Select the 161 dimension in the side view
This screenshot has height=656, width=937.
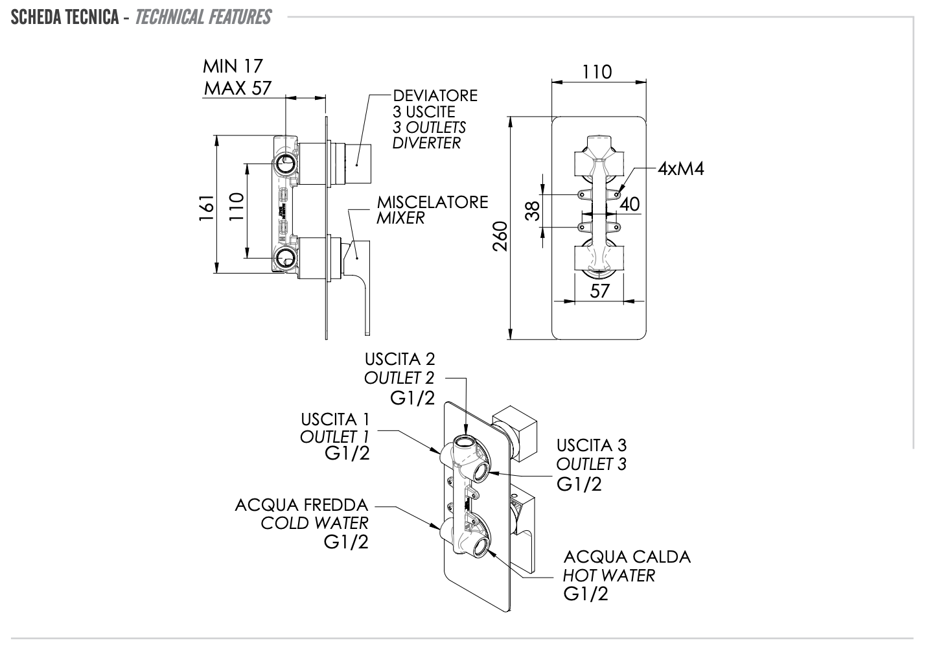click(207, 207)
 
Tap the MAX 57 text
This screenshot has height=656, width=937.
click(238, 88)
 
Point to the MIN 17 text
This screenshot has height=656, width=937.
click(233, 65)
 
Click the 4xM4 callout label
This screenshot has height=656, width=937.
click(680, 169)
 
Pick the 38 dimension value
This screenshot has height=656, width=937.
click(533, 210)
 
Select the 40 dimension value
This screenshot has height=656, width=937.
click(629, 204)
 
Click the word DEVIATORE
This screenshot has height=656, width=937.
click(435, 95)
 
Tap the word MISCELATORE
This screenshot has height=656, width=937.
click(432, 202)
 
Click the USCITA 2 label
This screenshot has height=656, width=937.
click(400, 358)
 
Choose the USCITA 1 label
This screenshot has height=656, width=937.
click(335, 419)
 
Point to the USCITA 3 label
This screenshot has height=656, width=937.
click(592, 445)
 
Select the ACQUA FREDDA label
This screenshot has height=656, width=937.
click(301, 504)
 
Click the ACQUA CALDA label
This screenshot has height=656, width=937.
click(627, 557)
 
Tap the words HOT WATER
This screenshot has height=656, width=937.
click(608, 575)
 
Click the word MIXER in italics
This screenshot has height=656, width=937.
click(400, 218)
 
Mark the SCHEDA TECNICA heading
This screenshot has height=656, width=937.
click(64, 17)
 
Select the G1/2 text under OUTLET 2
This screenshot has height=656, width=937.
click(412, 397)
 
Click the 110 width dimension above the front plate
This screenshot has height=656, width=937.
click(597, 71)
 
